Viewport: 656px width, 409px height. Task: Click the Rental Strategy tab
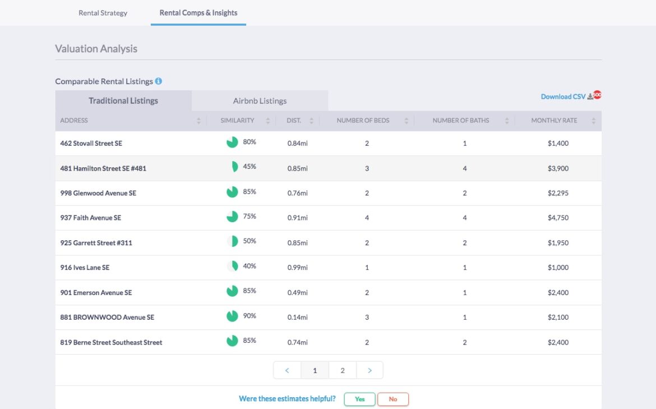[x=103, y=13]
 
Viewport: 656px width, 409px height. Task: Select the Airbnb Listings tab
[x=260, y=101]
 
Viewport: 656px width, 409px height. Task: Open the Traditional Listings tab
[x=123, y=101]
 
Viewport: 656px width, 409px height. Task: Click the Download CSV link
[x=563, y=96]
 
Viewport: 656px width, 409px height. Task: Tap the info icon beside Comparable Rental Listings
[x=159, y=81]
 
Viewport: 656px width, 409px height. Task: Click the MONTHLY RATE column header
[x=554, y=121]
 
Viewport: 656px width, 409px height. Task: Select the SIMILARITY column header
[x=237, y=121]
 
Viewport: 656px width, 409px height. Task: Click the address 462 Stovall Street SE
[x=91, y=144]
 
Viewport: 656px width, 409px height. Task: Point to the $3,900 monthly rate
[x=558, y=168]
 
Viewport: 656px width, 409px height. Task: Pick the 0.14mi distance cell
[x=297, y=318]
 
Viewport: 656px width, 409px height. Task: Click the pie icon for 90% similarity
[x=232, y=316]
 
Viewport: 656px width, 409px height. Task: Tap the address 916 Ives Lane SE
[x=85, y=268]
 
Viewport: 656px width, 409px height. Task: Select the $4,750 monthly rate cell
[x=558, y=218]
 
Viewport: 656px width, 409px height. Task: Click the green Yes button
[x=359, y=399]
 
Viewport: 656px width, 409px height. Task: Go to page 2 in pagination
[x=342, y=370]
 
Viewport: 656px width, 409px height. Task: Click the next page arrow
[x=369, y=370]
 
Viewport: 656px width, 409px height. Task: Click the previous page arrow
[x=287, y=370]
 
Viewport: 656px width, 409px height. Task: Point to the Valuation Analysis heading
[x=96, y=49]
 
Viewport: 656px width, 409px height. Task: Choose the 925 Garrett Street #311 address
[x=96, y=243]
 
